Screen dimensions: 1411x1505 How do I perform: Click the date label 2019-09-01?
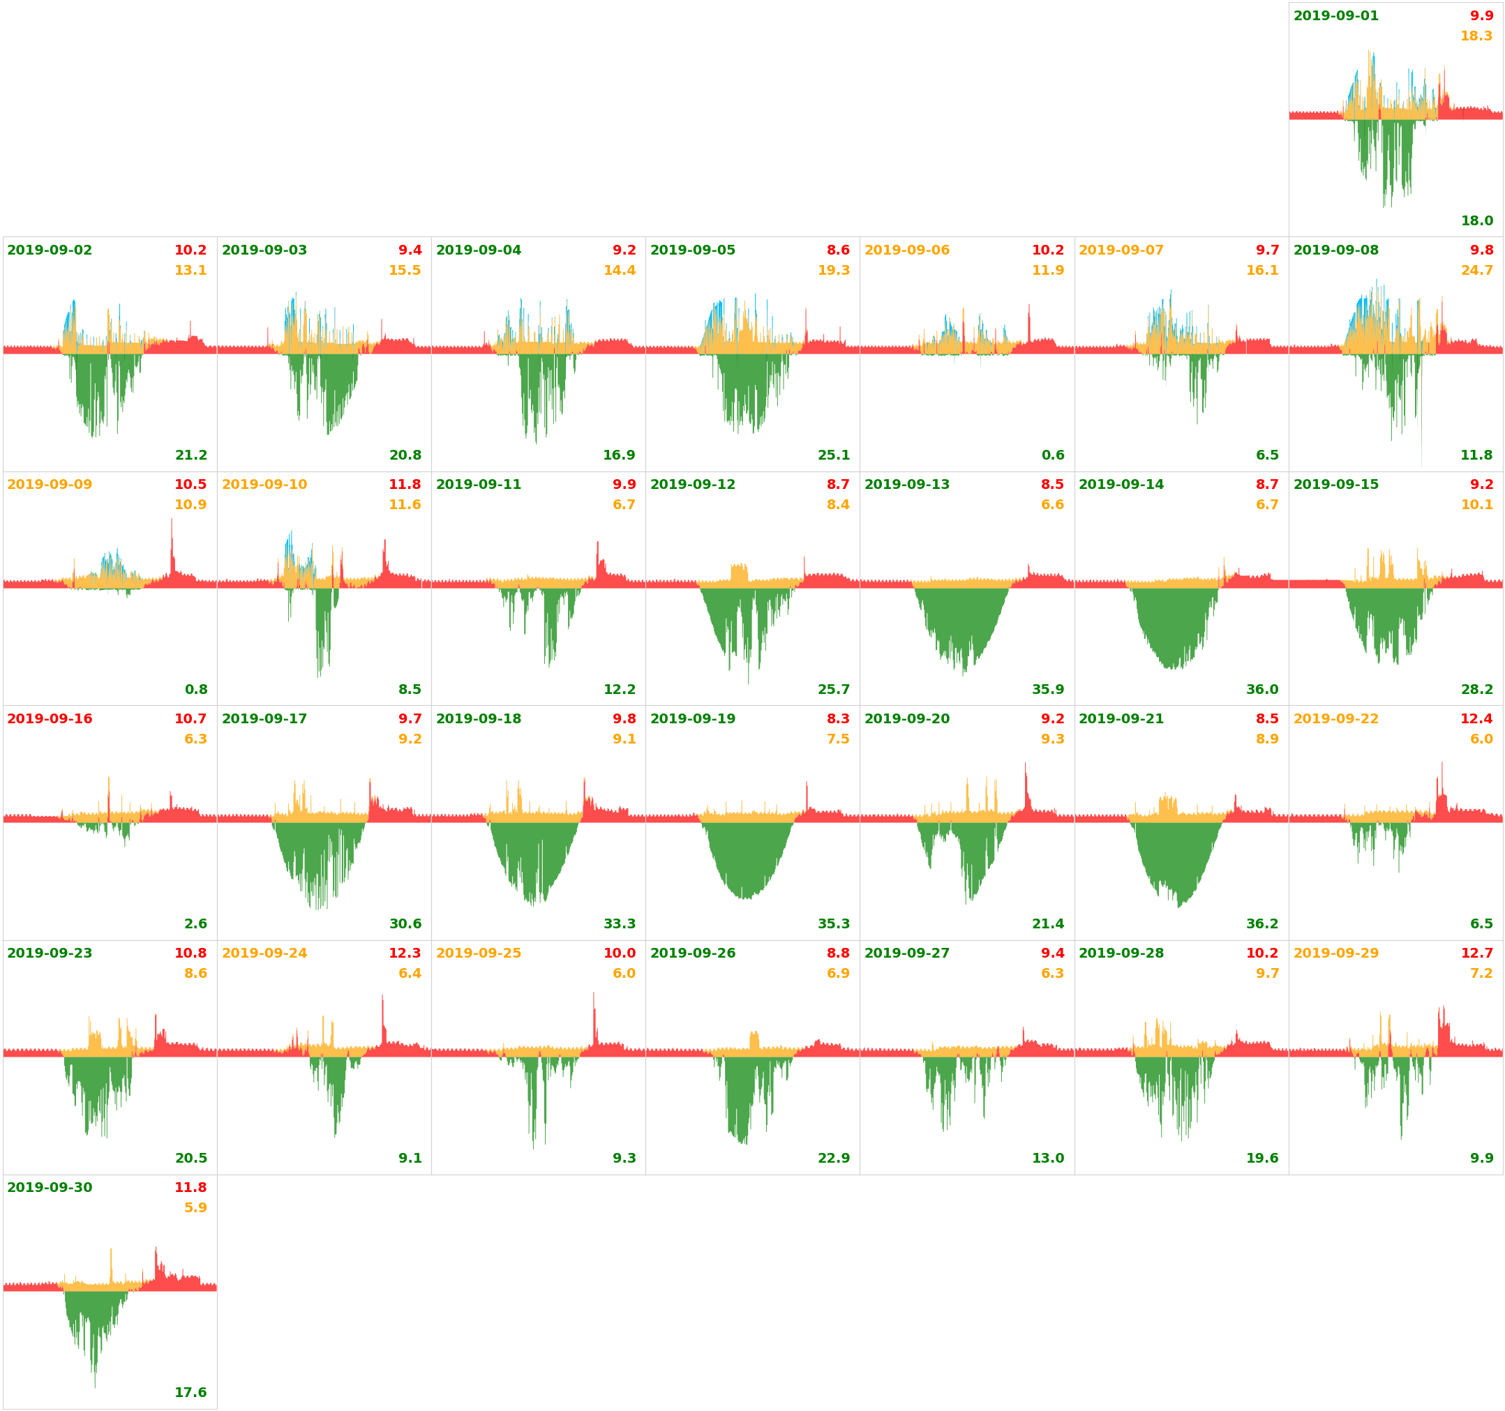1335,16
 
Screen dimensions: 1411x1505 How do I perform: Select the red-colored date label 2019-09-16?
50,718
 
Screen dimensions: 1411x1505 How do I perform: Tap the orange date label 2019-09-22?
1335,718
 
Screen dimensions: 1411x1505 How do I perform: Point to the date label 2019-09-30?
50,1187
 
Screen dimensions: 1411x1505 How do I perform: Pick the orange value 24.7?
1476,270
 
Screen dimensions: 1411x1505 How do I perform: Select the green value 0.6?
1052,455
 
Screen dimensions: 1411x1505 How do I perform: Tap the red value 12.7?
1476,953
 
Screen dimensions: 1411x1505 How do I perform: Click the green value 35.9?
1048,690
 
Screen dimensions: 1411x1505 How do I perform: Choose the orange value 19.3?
834,270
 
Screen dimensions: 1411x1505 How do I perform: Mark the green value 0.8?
196,690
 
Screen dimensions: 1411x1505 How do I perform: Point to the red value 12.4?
1476,718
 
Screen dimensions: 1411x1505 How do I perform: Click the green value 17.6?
190,1392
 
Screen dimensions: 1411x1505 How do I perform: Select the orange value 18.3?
1476,36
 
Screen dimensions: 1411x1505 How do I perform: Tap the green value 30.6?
405,923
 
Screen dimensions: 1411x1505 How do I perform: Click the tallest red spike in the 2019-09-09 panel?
172,541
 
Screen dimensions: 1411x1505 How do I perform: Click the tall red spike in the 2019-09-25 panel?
594,1014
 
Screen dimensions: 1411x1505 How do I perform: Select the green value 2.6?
196,923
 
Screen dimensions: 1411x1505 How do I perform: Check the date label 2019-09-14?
1121,485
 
